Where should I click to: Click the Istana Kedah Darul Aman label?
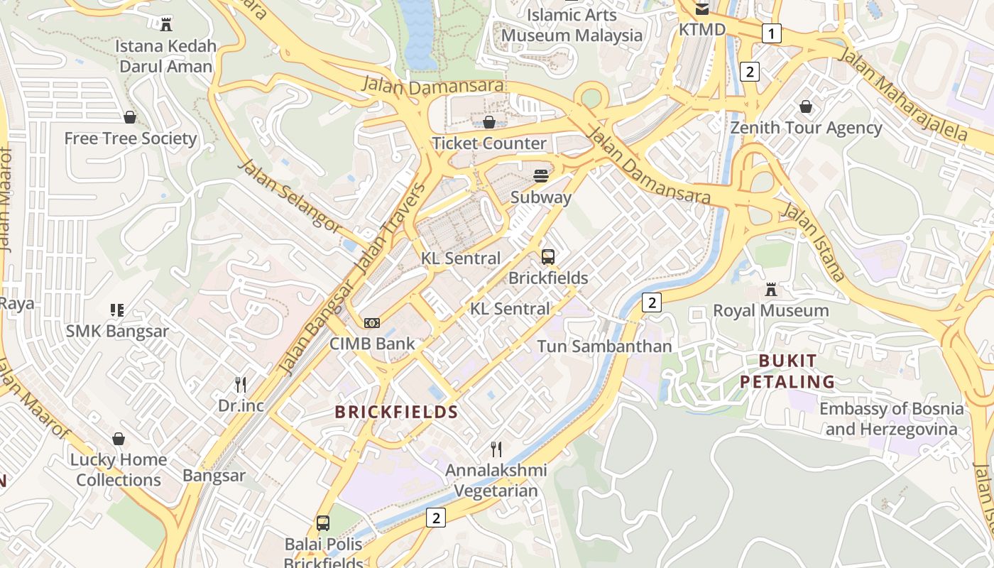[x=165, y=56]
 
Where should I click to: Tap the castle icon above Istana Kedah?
[x=166, y=25]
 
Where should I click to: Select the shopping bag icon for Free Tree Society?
[x=130, y=117]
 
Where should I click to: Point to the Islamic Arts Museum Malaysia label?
[x=572, y=25]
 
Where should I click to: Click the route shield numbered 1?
[x=772, y=33]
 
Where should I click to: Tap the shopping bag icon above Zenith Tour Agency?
[x=806, y=106]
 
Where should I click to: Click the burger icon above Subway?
[x=541, y=176]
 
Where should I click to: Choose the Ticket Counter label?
[x=489, y=143]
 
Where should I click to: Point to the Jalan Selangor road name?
[x=290, y=196]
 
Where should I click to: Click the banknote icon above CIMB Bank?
[x=372, y=323]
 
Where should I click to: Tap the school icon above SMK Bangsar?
[x=117, y=310]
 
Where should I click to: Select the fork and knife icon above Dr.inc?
[x=241, y=385]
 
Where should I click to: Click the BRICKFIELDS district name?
[x=396, y=412]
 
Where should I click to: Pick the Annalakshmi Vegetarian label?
[x=496, y=480]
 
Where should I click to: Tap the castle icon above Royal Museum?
[x=770, y=290]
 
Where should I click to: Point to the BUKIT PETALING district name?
[x=787, y=371]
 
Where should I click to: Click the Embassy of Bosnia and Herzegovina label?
[x=891, y=419]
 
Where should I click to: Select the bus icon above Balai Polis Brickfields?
[x=323, y=523]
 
